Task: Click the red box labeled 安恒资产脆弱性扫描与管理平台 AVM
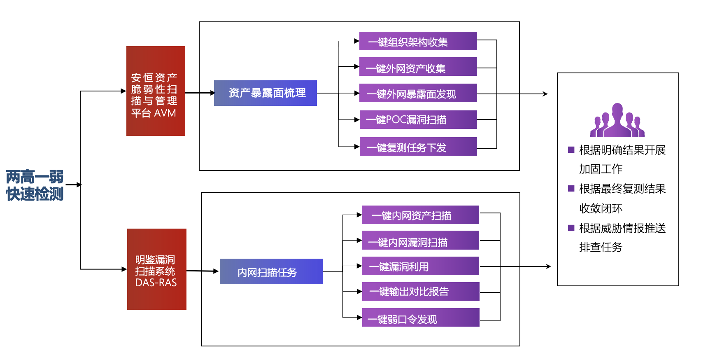coord(156,91)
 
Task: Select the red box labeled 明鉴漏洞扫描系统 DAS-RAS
coord(156,269)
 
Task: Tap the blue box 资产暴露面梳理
coord(265,93)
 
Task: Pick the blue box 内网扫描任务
coord(271,271)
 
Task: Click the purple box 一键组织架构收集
coord(418,41)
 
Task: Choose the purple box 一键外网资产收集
coord(418,67)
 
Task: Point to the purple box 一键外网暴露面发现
coord(418,93)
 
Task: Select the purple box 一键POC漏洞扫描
coord(418,119)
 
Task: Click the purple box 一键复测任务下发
coord(418,147)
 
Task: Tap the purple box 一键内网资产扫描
coord(420,215)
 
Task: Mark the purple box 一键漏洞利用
coord(420,266)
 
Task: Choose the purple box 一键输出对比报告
coord(420,291)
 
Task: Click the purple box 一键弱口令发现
coord(420,318)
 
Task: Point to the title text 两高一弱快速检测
coord(35,185)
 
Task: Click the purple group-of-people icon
coord(617,120)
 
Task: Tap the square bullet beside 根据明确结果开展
coord(571,150)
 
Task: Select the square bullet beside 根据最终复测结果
coord(571,189)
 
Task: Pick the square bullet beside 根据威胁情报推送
coord(571,228)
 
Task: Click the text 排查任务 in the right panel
coord(601,247)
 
